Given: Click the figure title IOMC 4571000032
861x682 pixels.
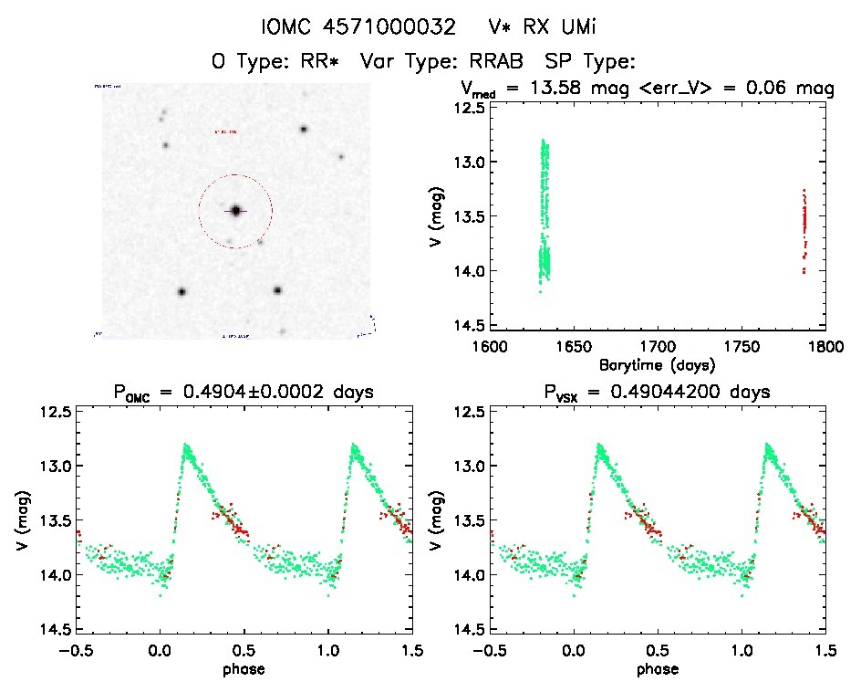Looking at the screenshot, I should [358, 26].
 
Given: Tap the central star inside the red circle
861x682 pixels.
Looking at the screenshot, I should [235, 211].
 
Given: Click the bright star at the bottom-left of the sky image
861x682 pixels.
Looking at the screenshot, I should [182, 292].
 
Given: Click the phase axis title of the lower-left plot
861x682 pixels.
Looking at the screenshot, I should [243, 668].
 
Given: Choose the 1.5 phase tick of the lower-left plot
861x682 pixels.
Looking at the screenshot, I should [411, 650].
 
